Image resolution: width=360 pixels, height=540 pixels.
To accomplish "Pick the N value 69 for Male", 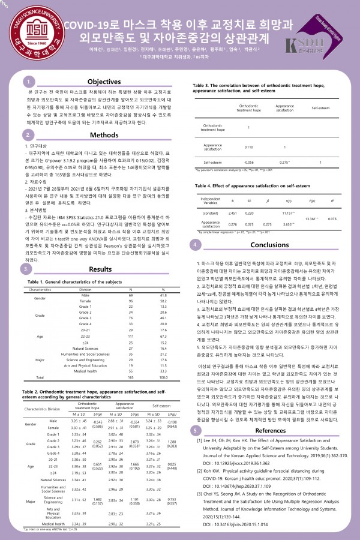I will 130,296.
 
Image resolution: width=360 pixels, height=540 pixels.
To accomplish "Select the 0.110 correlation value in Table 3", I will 233,146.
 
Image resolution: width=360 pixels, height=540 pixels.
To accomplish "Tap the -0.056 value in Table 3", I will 233,162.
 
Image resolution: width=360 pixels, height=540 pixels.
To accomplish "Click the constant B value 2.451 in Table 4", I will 233,196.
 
